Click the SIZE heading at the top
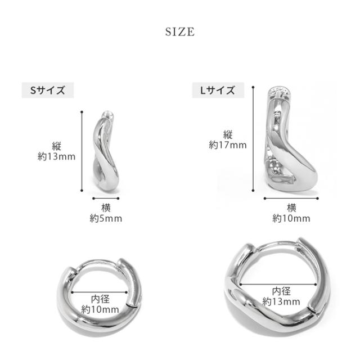pos(180,31)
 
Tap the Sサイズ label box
pos(48,90)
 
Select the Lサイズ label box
pos(218,90)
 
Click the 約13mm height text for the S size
pos(56,156)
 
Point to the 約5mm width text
pos(106,218)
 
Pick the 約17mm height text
pos(228,145)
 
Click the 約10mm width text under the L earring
pos(291,218)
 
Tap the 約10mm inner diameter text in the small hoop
pos(100,309)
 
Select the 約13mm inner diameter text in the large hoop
pos(281,301)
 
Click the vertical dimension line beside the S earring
pos(82,151)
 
